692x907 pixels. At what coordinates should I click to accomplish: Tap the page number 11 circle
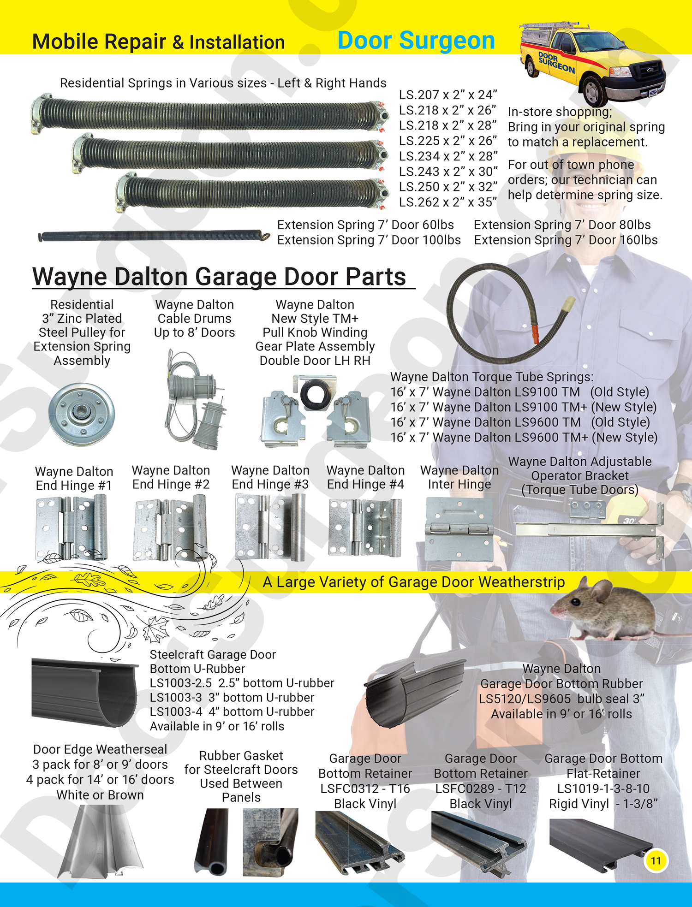pos(656,860)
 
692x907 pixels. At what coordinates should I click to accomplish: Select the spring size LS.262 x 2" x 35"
pos(447,202)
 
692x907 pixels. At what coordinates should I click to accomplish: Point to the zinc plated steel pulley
pos(81,414)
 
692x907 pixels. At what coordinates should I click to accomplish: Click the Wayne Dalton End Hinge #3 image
pos(270,527)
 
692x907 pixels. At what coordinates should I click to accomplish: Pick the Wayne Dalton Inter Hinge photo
pos(459,529)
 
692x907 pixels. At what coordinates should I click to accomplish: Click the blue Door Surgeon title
pos(416,41)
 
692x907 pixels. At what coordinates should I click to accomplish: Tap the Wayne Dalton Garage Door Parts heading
pos(219,277)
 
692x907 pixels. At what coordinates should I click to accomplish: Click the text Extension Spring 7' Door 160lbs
pos(566,240)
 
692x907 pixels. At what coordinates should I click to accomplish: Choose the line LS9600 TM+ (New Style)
pos(524,438)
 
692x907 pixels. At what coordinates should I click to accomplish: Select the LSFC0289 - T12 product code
pos(480,789)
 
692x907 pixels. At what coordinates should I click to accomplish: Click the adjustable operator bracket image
pos(590,526)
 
